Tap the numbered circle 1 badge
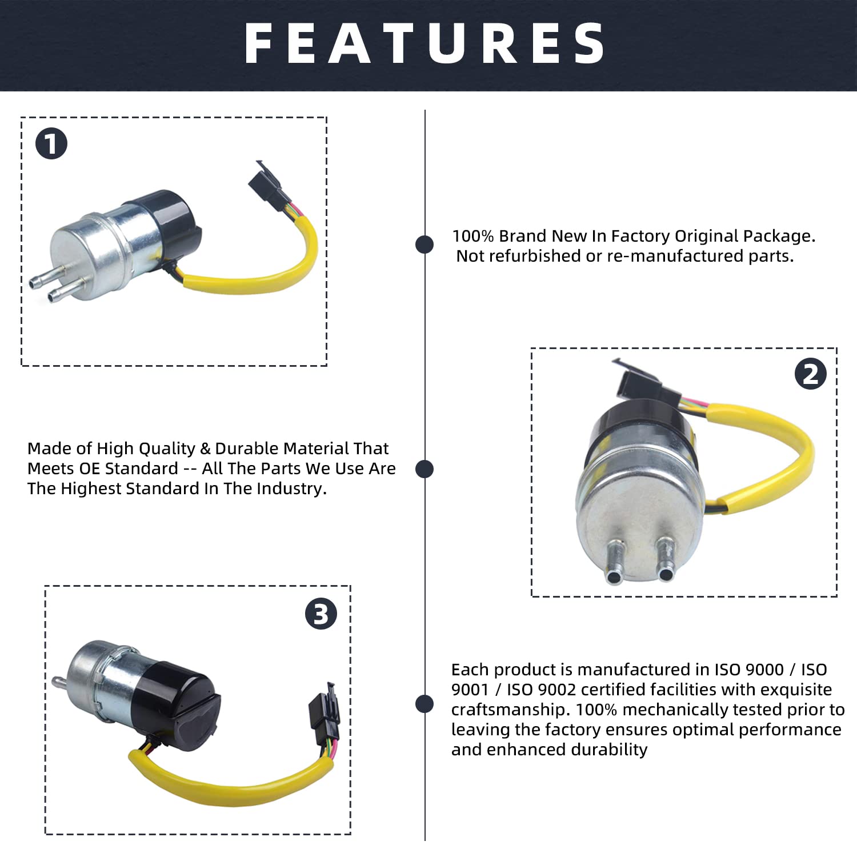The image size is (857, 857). tap(51, 143)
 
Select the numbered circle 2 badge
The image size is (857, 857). tap(811, 374)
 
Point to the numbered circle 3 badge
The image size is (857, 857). tap(321, 614)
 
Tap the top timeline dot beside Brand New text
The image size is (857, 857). tap(425, 244)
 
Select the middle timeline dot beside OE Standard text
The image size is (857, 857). tap(425, 469)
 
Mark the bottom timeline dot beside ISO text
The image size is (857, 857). tap(425, 704)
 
